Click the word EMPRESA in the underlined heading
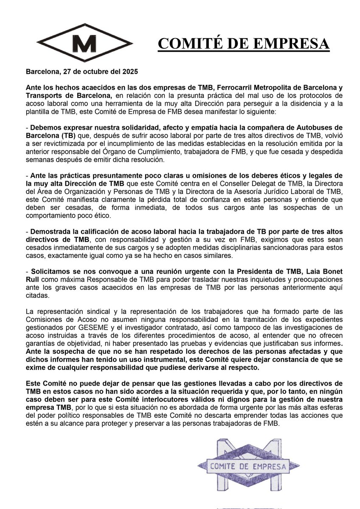point(297,43)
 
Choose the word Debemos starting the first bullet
point(45,128)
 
